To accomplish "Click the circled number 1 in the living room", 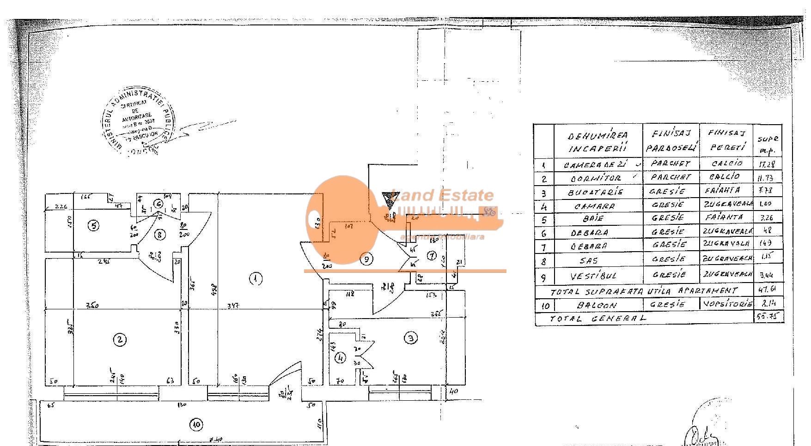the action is tap(255, 278).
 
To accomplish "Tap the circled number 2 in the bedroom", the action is tap(120, 340).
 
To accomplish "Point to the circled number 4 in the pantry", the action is tap(341, 357).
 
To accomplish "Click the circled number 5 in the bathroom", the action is tap(94, 226).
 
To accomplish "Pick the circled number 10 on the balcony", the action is tap(197, 424).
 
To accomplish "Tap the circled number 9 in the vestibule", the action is tap(366, 259).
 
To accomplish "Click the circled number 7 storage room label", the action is tap(431, 255).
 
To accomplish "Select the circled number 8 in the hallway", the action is tap(160, 235).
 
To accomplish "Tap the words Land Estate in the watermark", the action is tap(443, 195).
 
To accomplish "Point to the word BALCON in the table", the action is tap(596, 305).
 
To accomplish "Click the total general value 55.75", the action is tap(768, 317).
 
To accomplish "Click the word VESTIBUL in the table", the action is tap(595, 277).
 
